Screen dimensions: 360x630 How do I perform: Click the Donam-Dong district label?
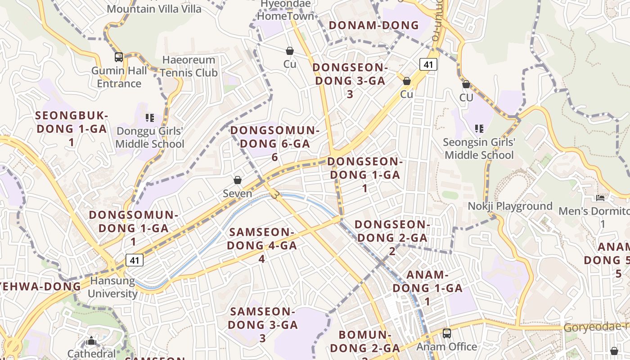374,25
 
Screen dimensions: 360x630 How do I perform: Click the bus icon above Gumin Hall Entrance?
119,57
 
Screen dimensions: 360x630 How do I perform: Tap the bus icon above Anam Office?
446,333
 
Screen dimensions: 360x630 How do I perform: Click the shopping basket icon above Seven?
238,180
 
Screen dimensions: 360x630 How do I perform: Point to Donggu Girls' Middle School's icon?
150,118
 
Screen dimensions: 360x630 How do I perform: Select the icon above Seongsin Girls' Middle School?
479,129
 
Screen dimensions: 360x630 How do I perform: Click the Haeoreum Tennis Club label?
189,66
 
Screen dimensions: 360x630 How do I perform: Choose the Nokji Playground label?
510,206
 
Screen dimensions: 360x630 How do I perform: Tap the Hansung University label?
112,287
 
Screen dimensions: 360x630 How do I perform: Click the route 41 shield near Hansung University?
134,260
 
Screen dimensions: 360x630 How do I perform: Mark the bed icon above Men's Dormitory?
600,198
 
